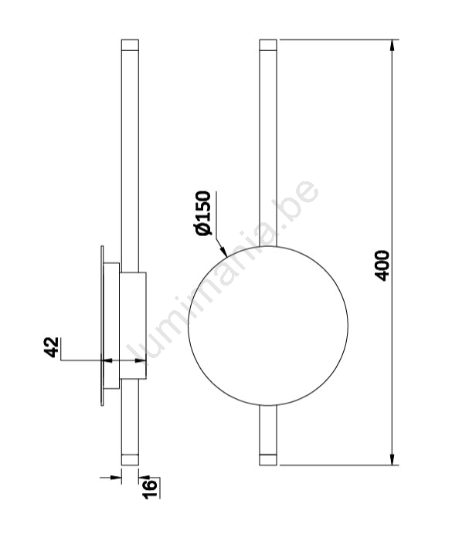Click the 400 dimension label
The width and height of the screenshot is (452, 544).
382,265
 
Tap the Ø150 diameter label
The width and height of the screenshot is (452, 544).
203,213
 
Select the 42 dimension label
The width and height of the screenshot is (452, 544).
52,347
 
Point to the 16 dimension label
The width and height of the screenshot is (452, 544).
150,489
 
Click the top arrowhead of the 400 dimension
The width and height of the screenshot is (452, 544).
392,46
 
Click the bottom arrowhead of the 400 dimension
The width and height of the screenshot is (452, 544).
392,458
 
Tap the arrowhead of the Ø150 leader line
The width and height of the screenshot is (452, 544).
223,252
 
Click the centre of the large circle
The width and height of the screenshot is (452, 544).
268,326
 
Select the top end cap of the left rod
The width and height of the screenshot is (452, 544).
130,45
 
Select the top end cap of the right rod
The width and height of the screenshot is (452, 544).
268,45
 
